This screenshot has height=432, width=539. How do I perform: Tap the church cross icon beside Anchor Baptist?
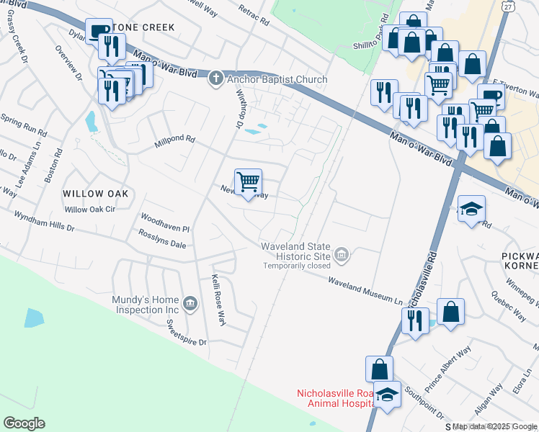click(x=215, y=79)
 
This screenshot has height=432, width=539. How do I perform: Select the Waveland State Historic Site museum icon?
click(x=343, y=253)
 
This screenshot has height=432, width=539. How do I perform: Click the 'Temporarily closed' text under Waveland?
click(x=297, y=266)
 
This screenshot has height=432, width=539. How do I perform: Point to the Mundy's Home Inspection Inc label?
click(x=145, y=305)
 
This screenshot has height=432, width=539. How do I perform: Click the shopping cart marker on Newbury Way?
click(x=248, y=182)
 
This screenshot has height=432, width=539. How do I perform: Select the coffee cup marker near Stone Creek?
click(x=98, y=31)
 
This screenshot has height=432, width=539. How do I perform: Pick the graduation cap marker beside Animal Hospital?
click(x=387, y=396)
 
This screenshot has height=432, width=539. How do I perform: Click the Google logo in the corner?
click(x=24, y=423)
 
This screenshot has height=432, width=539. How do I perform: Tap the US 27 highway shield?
click(x=508, y=6)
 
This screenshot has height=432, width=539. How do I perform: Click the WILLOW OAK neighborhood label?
click(x=95, y=194)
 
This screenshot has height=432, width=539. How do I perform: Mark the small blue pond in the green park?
click(x=33, y=318)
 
